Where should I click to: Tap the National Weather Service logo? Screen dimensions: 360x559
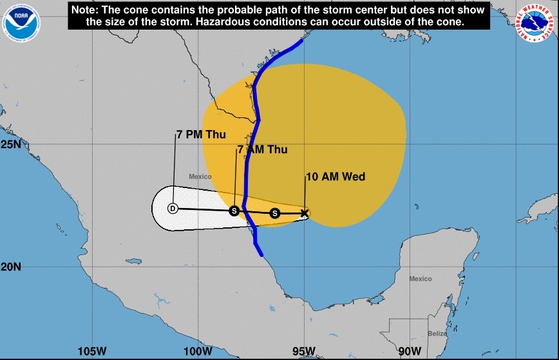tap(536, 23)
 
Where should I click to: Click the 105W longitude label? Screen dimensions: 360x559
tap(91, 351)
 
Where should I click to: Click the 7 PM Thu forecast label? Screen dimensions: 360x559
tap(201, 135)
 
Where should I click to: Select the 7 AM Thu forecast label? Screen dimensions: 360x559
tap(262, 149)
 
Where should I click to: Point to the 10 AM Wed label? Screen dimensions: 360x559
tap(335, 176)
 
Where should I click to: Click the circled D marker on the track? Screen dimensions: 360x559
tap(173, 208)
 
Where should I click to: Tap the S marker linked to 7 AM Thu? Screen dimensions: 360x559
tap(234, 211)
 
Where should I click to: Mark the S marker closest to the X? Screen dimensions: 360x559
tap(275, 213)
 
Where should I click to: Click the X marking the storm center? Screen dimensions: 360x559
tap(305, 213)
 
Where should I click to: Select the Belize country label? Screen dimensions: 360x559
tap(437, 333)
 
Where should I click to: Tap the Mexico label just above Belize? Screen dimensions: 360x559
tap(421, 279)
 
